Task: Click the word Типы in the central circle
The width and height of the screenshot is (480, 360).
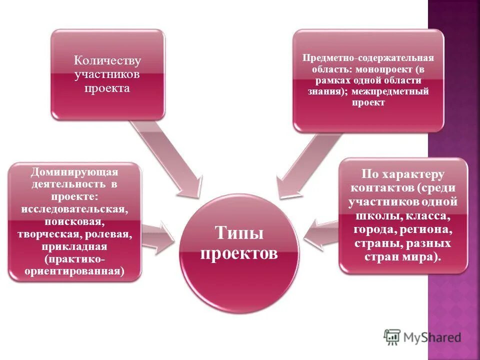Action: pos(239,233)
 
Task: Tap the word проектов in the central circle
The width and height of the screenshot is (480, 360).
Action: pos(239,253)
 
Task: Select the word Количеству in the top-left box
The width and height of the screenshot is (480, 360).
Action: pos(107,61)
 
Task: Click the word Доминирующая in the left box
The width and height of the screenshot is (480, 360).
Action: pos(74,172)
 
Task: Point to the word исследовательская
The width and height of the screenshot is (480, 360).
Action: pos(74,207)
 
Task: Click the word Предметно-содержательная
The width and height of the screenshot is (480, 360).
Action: pos(368,57)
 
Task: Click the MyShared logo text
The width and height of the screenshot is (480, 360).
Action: pos(432,337)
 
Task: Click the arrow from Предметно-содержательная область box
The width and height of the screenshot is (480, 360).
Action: pos(300,165)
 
